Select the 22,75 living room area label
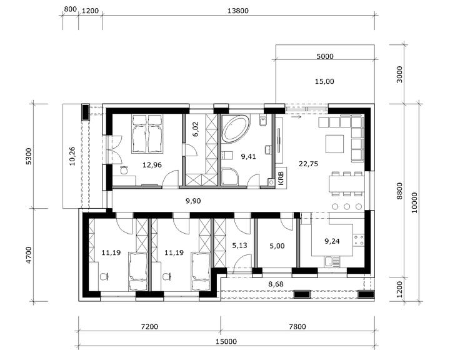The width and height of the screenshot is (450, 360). pos(308,164)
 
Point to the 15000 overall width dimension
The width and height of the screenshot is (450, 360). pos(227,341)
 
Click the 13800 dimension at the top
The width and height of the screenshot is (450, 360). pos(238,11)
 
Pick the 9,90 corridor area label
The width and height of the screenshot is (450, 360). pos(193,201)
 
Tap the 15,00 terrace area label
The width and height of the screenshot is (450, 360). pos(324,81)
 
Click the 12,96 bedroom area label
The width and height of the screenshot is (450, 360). pos(152,165)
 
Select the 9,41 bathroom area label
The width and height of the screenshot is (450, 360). pos(249,156)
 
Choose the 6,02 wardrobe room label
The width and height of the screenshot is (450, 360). pos(196,129)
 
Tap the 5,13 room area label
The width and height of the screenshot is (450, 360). pos(239,246)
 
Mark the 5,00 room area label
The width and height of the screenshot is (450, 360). pos(277,246)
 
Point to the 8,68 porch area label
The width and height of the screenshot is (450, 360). pos(276,284)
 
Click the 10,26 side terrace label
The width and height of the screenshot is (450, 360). pos(72,156)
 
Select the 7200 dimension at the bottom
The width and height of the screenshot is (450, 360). pos(150,326)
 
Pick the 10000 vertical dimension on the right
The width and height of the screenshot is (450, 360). pos(415,202)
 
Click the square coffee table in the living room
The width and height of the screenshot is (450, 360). pos(334,144)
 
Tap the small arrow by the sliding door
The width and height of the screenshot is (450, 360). pos(296,117)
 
